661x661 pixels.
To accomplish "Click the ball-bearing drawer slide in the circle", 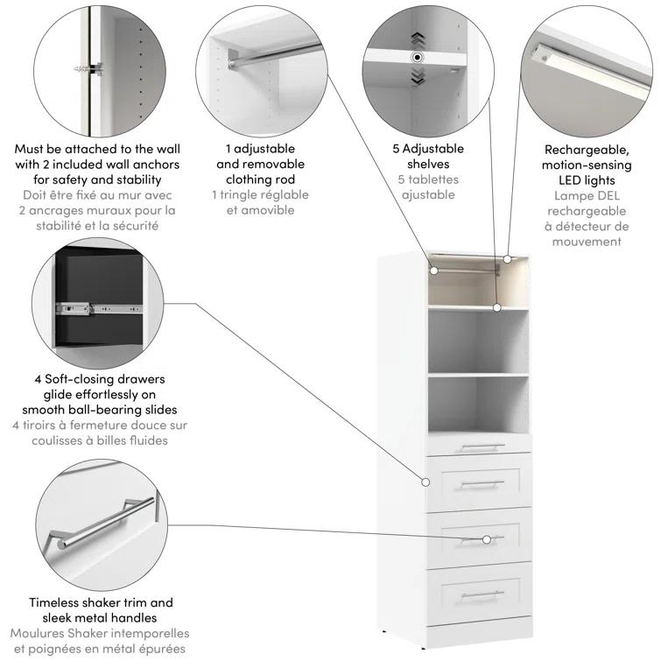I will pos(96,308).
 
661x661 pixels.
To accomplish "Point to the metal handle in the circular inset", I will pos(101,522).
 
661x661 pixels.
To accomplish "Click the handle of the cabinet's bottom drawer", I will pos(478,595).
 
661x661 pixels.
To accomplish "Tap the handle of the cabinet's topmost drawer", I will pos(478,447).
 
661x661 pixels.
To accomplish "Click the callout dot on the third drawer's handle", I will pos(487,538).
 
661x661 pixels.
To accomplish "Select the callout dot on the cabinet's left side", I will pos(426,482).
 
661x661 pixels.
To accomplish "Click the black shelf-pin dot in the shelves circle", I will pos(418,57).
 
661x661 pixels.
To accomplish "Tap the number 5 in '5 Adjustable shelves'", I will pos(396,149).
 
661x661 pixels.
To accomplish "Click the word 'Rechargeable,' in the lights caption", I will pos(586,150).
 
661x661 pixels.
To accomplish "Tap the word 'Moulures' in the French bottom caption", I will pos(41,633).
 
